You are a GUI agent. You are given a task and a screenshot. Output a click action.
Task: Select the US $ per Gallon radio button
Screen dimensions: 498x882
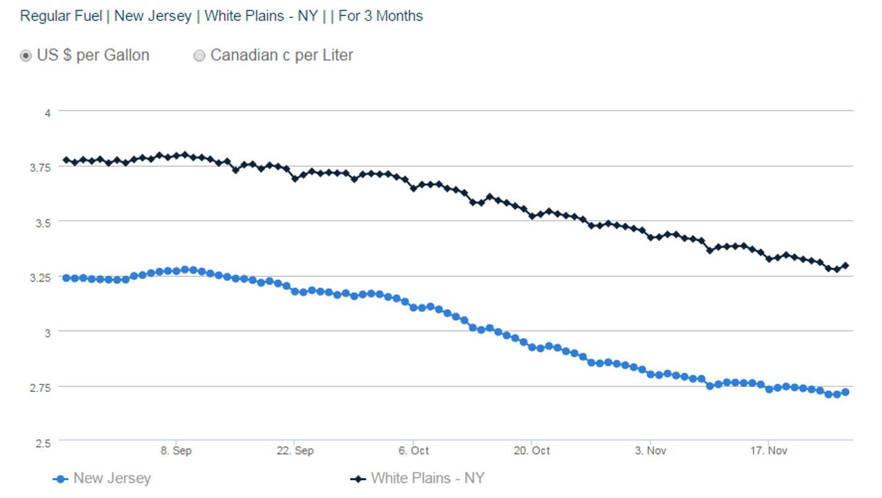25,56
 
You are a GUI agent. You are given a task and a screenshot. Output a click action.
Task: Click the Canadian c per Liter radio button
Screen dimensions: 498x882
199,56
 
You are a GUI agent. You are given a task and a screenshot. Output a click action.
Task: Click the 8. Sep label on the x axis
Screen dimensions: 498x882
176,451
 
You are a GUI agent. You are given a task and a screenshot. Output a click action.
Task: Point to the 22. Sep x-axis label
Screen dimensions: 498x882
294,451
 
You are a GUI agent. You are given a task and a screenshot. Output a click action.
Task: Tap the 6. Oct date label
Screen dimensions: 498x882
413,451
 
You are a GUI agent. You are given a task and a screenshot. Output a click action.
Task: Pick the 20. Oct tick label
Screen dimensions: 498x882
532,451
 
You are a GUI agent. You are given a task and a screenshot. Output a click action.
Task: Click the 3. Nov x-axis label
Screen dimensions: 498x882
650,451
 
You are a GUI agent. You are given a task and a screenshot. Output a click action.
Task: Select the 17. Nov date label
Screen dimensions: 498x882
768,451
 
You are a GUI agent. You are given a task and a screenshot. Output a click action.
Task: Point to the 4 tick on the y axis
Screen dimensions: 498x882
46,112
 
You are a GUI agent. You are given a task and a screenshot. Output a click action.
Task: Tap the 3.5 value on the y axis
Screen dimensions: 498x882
43,222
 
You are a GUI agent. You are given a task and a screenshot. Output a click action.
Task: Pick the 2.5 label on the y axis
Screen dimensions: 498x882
43,443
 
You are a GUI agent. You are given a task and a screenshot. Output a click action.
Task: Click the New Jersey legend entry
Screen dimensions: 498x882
112,478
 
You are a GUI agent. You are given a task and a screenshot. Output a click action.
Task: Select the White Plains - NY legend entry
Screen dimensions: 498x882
427,478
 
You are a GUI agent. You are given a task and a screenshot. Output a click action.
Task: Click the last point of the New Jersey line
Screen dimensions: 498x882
845,392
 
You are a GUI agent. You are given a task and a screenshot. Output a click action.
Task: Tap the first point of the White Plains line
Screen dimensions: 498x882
66,160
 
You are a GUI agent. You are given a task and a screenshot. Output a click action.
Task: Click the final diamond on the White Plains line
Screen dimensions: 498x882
845,265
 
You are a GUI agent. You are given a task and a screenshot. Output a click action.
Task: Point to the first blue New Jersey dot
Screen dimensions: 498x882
66,278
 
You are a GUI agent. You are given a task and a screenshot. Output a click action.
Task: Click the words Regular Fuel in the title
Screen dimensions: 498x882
61,16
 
